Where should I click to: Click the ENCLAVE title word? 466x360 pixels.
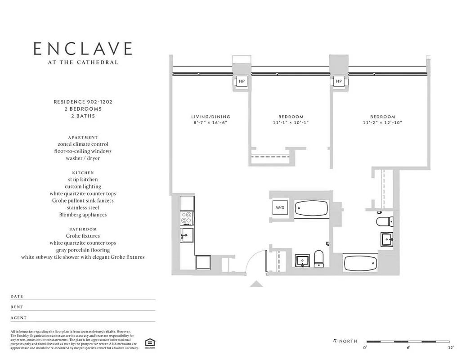coord(83,49)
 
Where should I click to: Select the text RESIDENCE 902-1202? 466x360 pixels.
coord(83,102)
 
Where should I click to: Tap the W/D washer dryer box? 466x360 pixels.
coord(280,208)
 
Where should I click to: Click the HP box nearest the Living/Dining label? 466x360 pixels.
coord(242,81)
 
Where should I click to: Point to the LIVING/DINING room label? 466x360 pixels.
coord(211,117)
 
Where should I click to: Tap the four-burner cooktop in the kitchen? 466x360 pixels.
coord(187,218)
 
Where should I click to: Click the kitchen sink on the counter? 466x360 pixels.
coord(187,234)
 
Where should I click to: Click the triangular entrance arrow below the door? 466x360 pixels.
coord(256,283)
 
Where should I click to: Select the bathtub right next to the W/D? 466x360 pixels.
coord(312,209)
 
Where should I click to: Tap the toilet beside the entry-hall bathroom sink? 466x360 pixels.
coord(318,258)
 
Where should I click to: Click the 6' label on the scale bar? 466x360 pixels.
coord(408,348)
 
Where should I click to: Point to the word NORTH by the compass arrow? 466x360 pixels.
coord(348,341)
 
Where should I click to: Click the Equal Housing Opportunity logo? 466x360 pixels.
coord(148,343)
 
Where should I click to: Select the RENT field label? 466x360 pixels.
coord(17,307)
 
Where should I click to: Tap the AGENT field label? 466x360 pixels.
coord(18,318)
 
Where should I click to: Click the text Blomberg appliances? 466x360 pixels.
coord(83,215)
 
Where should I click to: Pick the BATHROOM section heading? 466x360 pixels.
coord(83,229)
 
